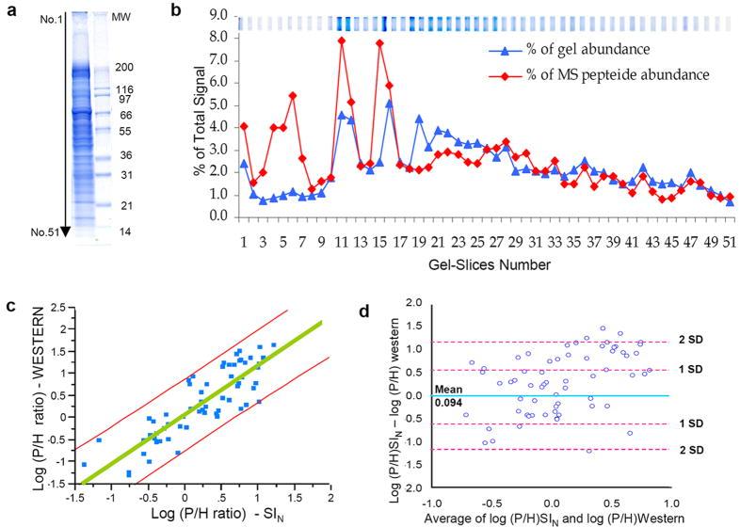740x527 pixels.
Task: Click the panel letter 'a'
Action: (10, 13)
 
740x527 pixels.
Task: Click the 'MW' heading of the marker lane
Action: (121, 17)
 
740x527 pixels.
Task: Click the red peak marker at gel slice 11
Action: (342, 40)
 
